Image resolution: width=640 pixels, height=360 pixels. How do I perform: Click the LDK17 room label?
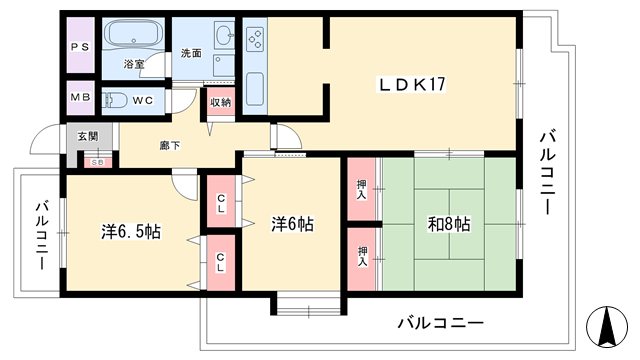(412, 85)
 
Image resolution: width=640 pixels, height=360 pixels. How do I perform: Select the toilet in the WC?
(116, 100)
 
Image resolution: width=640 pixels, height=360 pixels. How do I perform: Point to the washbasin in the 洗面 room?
(224, 36)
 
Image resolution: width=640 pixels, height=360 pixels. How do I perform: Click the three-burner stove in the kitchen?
(256, 38)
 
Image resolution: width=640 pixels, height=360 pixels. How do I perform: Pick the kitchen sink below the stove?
(255, 89)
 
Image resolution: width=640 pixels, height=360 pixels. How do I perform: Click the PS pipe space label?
(80, 47)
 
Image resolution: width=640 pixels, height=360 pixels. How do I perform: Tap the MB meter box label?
(80, 97)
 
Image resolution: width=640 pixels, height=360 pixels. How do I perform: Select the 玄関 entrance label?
(88, 136)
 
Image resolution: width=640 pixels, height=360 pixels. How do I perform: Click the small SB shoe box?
(98, 162)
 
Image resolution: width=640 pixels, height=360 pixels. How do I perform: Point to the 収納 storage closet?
(221, 102)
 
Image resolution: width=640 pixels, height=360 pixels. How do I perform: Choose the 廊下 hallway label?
(170, 145)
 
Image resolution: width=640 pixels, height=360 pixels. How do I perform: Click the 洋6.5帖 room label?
(131, 232)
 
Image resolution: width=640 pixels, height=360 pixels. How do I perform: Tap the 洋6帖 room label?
(292, 224)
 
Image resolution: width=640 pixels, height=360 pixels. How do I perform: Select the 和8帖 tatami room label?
(449, 224)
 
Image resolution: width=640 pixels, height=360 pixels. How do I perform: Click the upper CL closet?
(221, 201)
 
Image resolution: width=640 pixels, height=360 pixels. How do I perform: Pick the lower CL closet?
(221, 263)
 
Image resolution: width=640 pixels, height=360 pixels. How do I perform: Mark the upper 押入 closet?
(361, 189)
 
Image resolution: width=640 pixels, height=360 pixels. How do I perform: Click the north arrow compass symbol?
(607, 326)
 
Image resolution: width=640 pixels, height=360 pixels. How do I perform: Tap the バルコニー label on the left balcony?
(42, 236)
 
